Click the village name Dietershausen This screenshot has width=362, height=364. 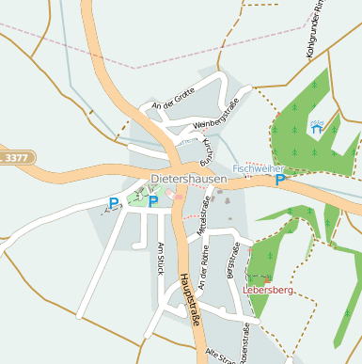(x=188, y=179)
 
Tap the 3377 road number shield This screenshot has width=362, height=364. (x=16, y=158)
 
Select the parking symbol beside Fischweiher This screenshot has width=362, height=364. (x=279, y=180)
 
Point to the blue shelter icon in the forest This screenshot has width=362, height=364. (x=317, y=129)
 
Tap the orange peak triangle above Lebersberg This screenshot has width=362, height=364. (x=268, y=280)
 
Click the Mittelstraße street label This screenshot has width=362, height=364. (x=201, y=214)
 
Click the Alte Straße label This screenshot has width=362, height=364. (x=225, y=355)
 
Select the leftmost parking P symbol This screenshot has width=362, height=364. (x=114, y=202)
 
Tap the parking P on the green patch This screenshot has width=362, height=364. (x=153, y=201)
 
